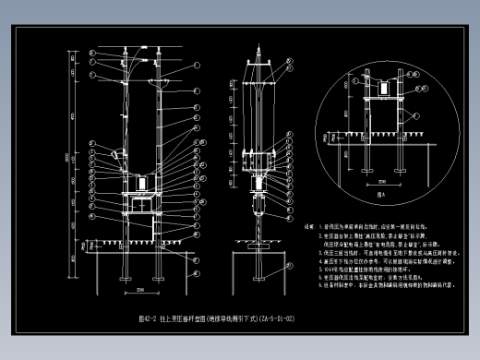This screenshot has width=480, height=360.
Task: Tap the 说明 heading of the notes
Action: tap(310, 226)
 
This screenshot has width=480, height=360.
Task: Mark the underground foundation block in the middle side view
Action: tap(261, 264)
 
